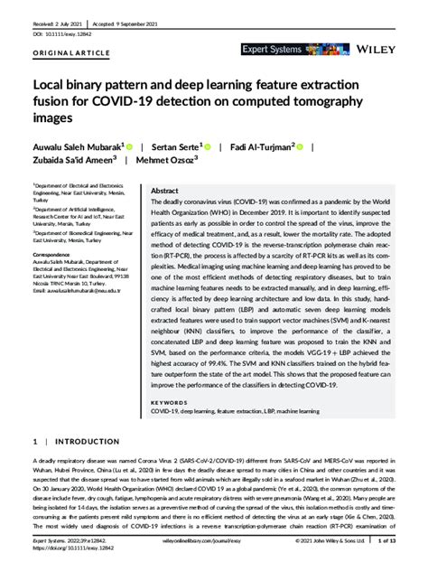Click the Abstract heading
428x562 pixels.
[x=163, y=192]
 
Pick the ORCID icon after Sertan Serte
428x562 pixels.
[x=208, y=145]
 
